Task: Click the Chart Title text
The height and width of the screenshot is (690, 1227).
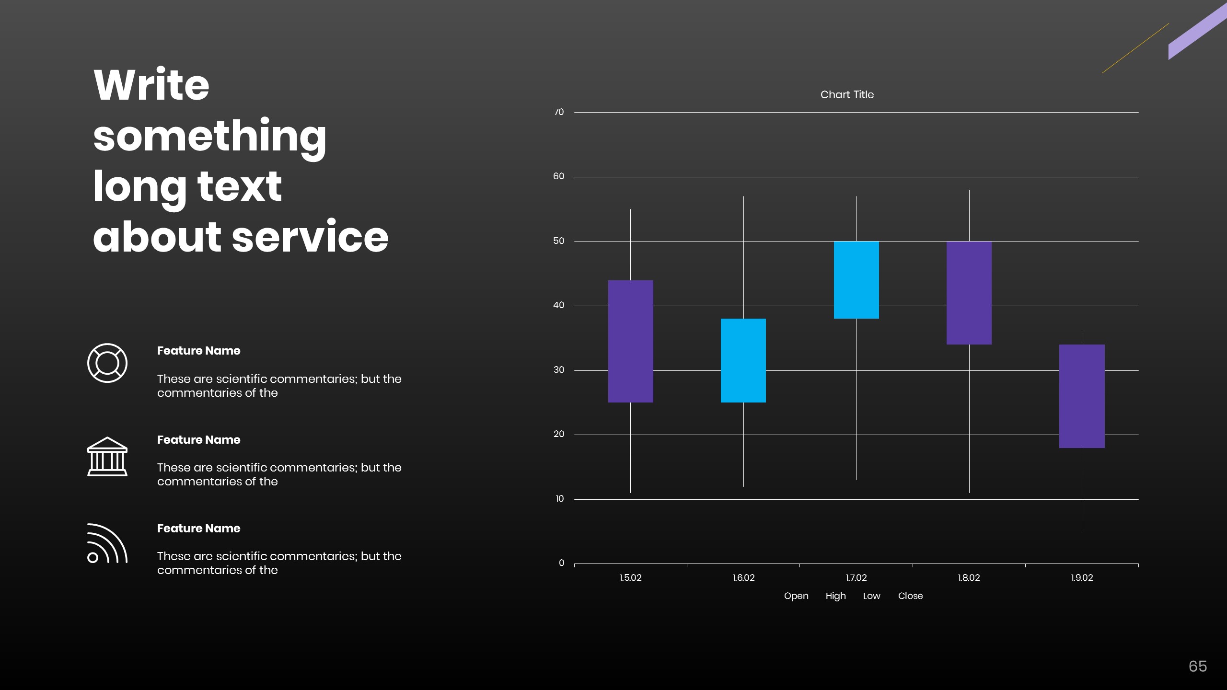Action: point(847,94)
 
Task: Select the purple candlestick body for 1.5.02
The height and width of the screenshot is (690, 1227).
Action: point(630,341)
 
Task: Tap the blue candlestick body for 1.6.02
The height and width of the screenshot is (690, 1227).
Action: point(743,360)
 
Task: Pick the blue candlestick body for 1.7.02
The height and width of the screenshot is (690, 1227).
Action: point(856,280)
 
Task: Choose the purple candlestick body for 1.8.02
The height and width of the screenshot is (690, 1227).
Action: point(969,293)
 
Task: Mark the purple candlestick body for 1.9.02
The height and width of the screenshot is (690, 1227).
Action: point(1082,396)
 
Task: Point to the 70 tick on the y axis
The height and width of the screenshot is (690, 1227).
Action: point(558,112)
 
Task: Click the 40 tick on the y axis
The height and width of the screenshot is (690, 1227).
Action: point(558,305)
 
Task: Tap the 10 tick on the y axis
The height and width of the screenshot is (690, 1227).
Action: point(559,499)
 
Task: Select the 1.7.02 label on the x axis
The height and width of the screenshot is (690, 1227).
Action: point(856,578)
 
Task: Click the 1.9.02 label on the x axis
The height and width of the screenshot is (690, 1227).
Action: point(1082,578)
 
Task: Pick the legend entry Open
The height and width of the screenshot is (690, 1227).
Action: point(796,596)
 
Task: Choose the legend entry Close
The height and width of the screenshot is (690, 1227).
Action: point(910,596)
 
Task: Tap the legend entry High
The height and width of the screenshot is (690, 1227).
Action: point(835,596)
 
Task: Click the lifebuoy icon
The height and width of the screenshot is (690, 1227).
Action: point(107,363)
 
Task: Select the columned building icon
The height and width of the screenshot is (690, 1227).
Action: point(107,456)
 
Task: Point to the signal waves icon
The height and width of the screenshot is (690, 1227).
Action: point(107,543)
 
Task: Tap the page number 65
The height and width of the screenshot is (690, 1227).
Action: point(1197,667)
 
